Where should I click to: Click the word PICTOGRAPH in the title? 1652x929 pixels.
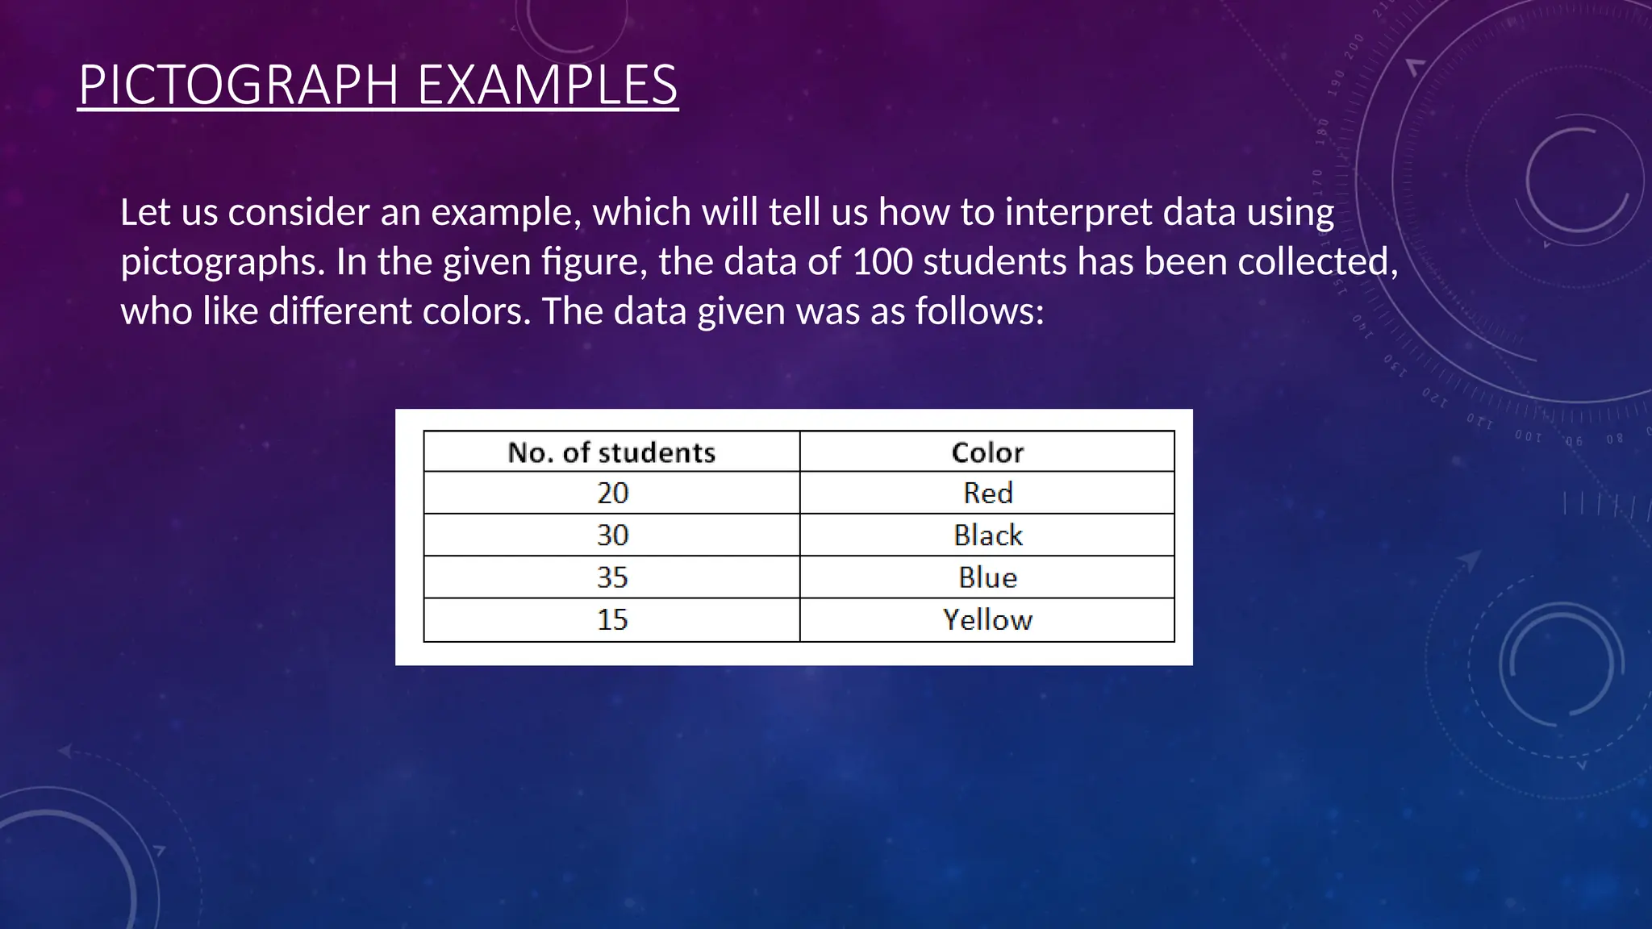coord(238,85)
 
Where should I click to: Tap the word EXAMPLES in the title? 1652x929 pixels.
coord(548,85)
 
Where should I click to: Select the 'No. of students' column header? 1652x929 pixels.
coord(611,452)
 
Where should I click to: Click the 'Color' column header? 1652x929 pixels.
coord(987,452)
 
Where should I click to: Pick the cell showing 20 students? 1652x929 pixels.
coord(612,493)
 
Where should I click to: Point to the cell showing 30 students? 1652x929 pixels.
coord(612,535)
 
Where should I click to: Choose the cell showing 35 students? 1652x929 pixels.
coord(612,577)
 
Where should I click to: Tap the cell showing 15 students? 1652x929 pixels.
coord(612,620)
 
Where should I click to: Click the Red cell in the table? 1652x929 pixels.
coord(987,493)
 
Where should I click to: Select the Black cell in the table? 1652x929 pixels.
coord(987,535)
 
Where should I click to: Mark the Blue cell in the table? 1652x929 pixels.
coord(987,577)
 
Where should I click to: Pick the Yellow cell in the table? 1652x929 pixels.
coord(987,620)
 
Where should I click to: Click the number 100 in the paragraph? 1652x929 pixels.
coord(882,262)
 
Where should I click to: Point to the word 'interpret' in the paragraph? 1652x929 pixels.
coord(1078,213)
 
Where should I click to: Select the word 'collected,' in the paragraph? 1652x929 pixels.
coord(1317,262)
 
